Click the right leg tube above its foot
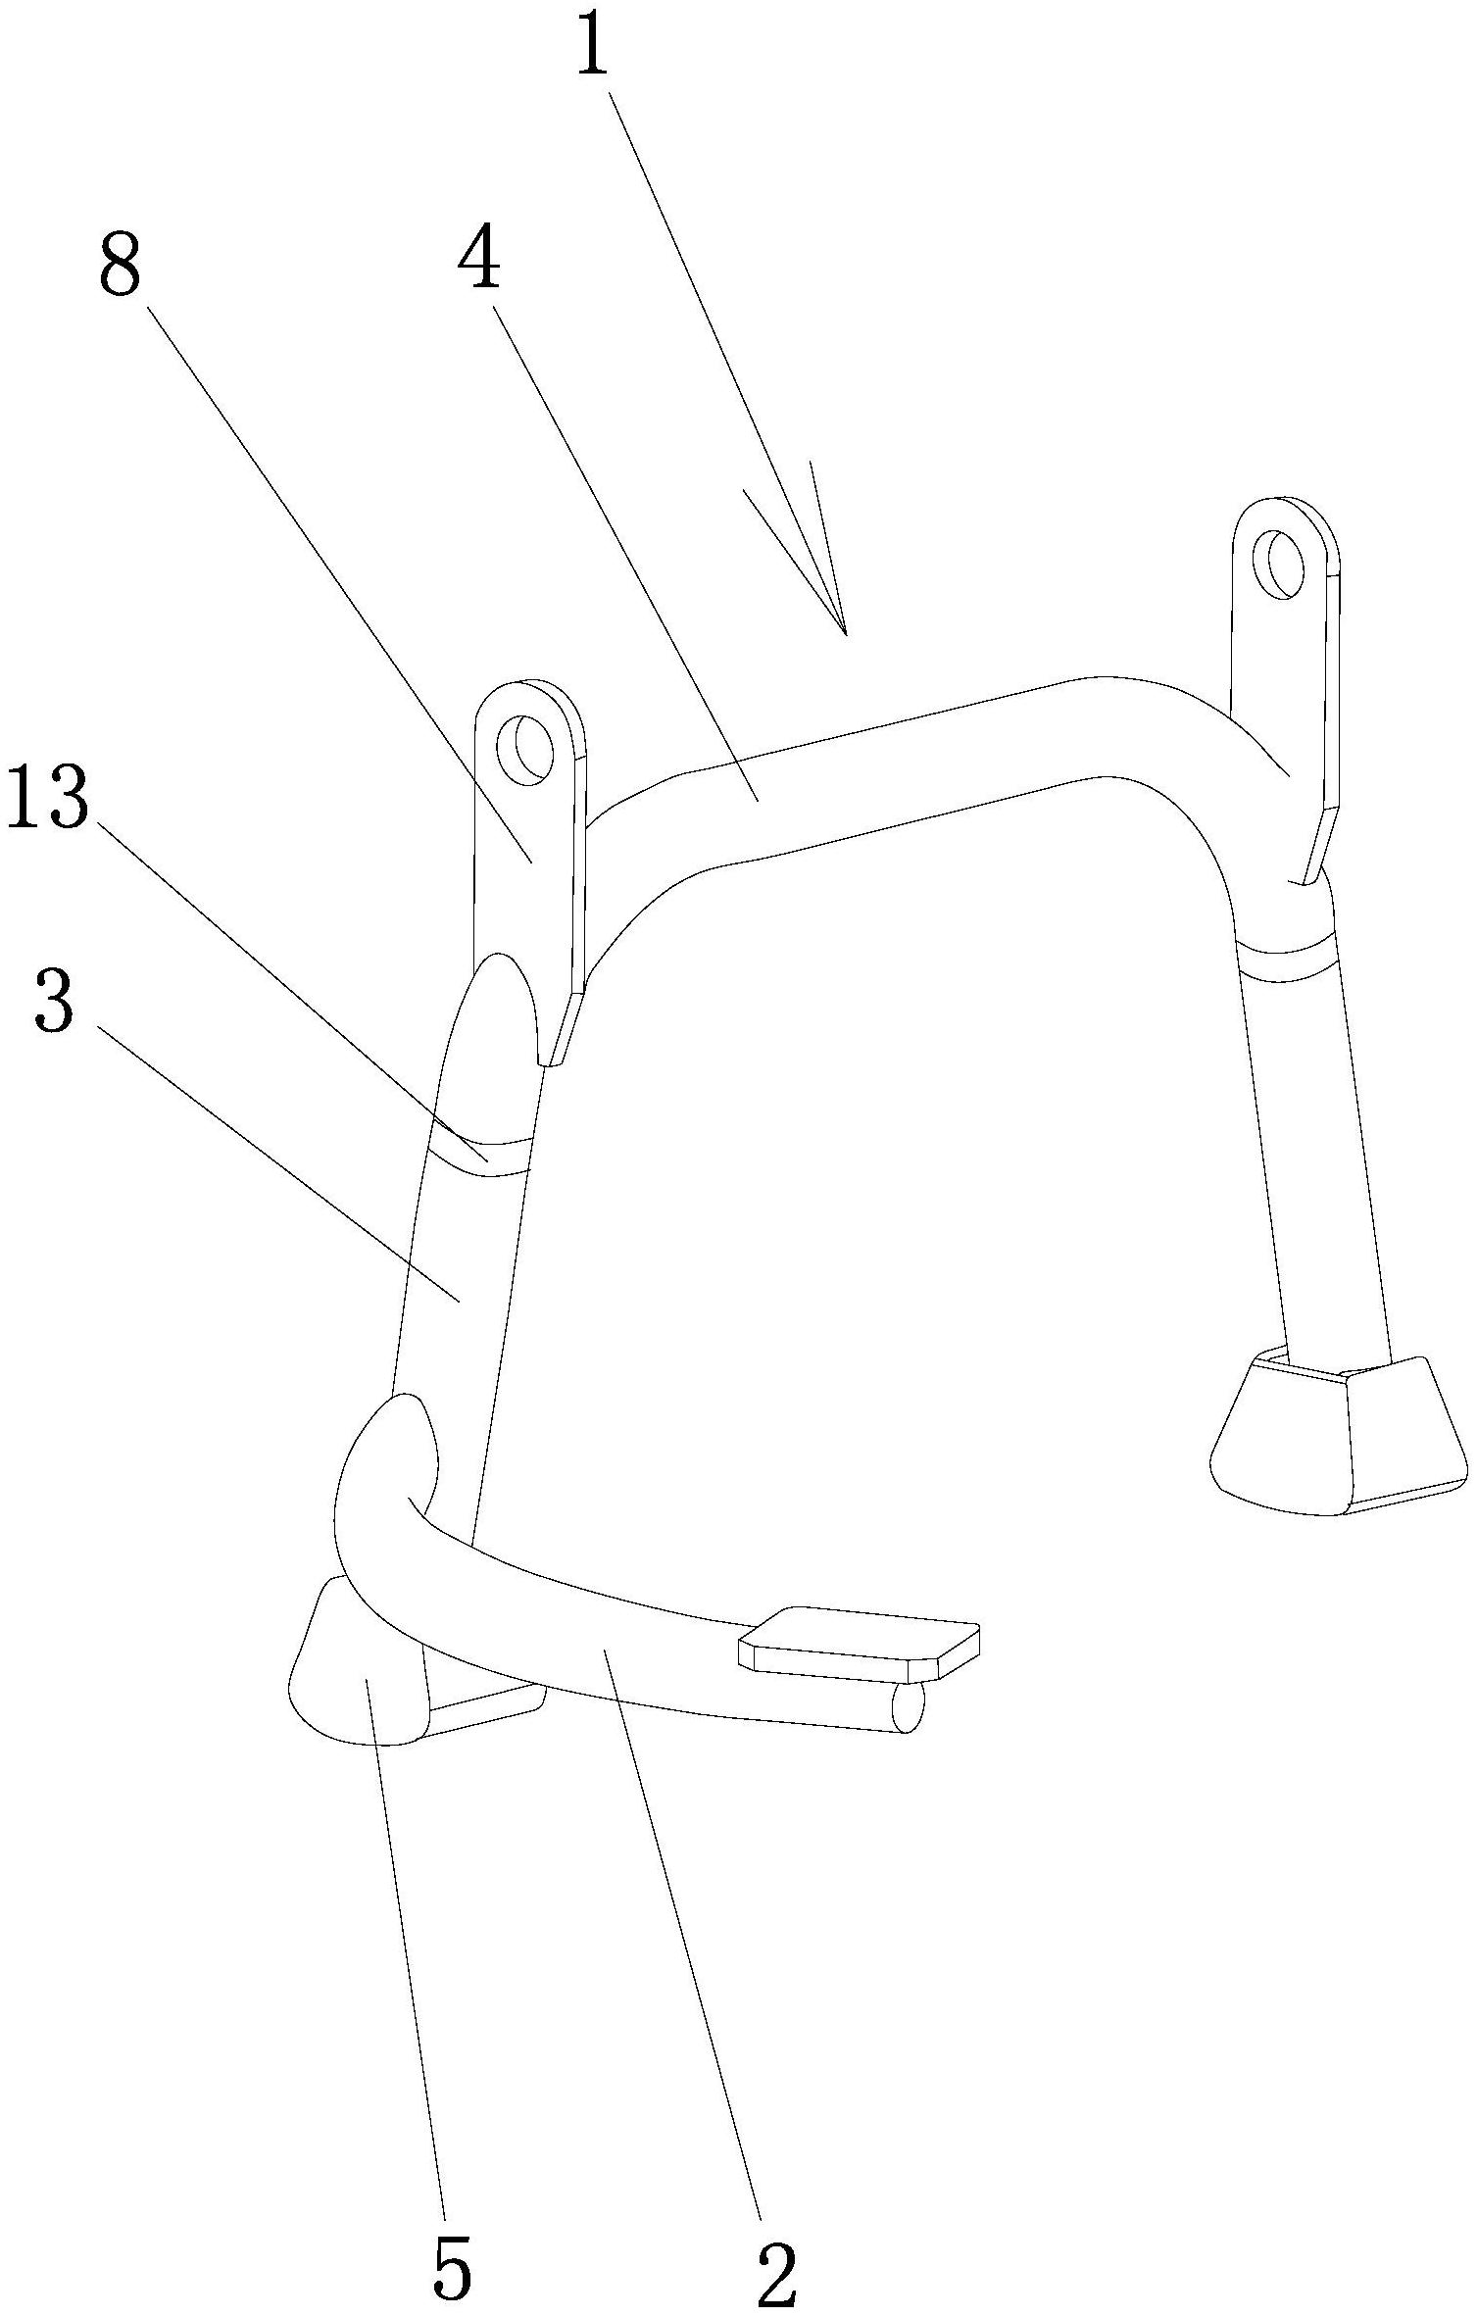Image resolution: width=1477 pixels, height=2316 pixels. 1313,1166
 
